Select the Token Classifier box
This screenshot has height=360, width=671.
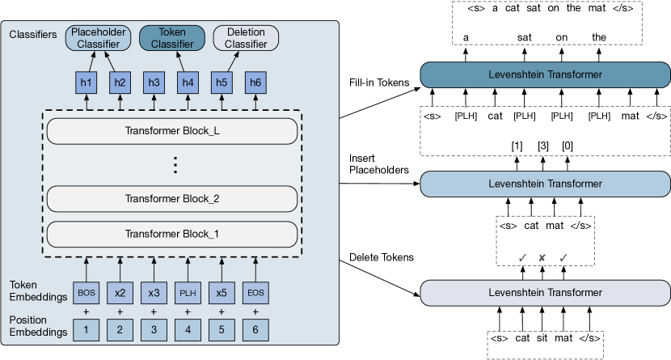point(171,36)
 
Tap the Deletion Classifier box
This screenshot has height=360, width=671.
point(246,36)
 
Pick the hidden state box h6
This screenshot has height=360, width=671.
point(255,82)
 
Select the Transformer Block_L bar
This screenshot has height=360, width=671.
point(171,131)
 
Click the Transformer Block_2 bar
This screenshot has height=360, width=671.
point(171,198)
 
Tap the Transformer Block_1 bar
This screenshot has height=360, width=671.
point(171,233)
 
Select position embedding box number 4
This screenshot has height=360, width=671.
point(188,329)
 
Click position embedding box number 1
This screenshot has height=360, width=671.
point(86,329)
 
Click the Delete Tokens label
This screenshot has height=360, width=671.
point(380,257)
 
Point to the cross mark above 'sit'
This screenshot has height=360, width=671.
point(542,258)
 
